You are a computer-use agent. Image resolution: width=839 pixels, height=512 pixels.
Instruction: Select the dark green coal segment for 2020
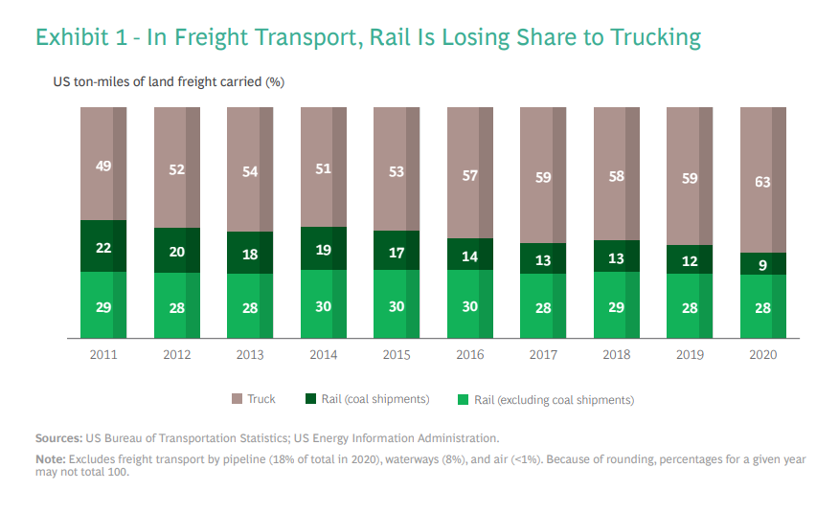(x=763, y=264)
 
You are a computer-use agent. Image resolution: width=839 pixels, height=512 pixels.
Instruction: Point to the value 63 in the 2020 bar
(x=763, y=182)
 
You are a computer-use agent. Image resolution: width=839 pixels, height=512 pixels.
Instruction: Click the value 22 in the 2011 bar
(x=103, y=248)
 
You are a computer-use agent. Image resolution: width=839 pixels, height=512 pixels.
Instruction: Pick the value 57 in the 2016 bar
(x=469, y=176)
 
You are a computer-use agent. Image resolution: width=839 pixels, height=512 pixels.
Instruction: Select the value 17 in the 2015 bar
(x=397, y=254)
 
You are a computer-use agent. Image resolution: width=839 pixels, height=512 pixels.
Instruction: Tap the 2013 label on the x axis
(x=250, y=354)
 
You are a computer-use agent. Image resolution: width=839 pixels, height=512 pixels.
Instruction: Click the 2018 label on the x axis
(x=616, y=354)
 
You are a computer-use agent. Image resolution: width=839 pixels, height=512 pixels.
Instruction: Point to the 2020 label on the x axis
(x=762, y=354)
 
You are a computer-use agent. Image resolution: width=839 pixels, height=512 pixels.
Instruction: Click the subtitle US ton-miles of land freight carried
(x=169, y=82)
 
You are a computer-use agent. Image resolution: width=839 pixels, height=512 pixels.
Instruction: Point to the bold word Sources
(x=57, y=437)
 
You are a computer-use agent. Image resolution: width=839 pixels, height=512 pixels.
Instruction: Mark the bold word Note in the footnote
(x=51, y=459)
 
